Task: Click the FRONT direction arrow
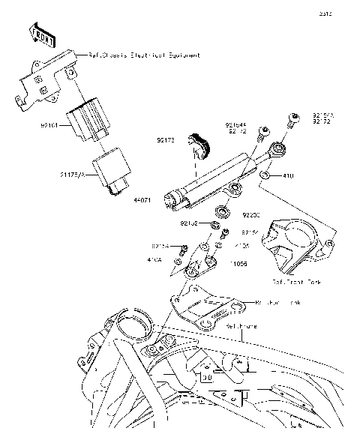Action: (x=43, y=33)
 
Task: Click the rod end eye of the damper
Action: (x=278, y=151)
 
